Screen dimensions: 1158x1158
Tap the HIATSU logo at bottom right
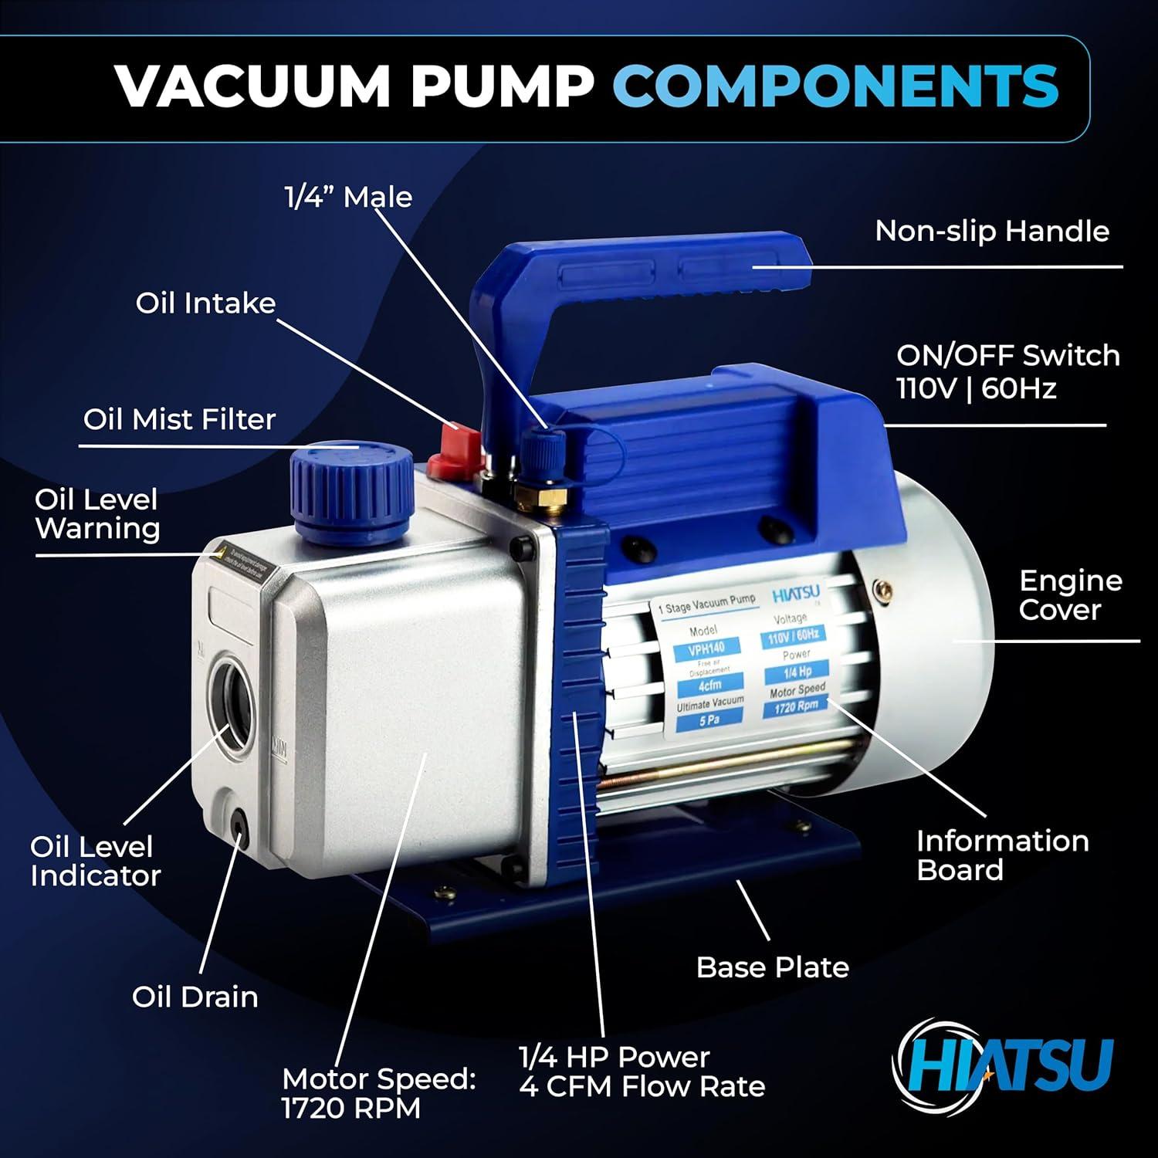click(1004, 1065)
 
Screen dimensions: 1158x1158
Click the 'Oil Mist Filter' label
click(179, 419)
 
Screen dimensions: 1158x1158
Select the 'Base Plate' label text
click(772, 967)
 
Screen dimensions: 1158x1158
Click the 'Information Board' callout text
click(1002, 855)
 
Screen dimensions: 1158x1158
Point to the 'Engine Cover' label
click(1070, 595)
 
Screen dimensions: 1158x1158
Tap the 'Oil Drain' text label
click(195, 997)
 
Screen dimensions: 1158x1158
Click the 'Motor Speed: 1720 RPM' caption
click(378, 1093)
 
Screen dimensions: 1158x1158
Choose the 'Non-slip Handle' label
click(991, 231)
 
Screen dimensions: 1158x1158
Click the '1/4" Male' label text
click(348, 197)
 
